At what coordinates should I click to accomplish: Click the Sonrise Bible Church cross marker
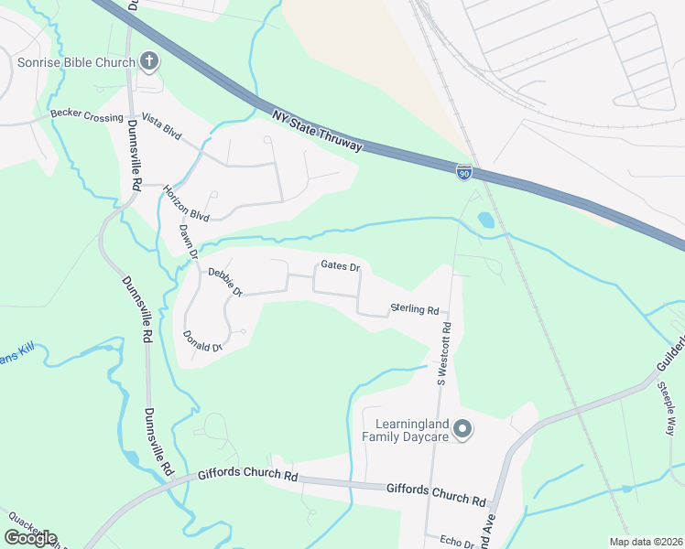coord(148,62)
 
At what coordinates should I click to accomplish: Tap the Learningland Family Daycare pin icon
coord(463,428)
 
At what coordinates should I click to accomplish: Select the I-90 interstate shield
coord(465,171)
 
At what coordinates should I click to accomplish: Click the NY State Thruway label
coord(318,132)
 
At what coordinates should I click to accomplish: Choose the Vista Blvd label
coord(162,132)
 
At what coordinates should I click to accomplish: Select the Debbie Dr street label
coord(224,281)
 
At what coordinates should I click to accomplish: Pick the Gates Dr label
coord(340,266)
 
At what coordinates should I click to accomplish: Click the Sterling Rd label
coord(415,309)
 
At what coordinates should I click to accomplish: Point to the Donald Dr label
coord(202,341)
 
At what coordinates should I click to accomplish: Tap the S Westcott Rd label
coord(443,352)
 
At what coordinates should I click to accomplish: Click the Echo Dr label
coord(456,543)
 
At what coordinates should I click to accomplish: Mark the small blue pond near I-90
coord(484,221)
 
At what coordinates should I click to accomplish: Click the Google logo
coord(30,538)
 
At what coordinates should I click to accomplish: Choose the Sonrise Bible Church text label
coord(77,62)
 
